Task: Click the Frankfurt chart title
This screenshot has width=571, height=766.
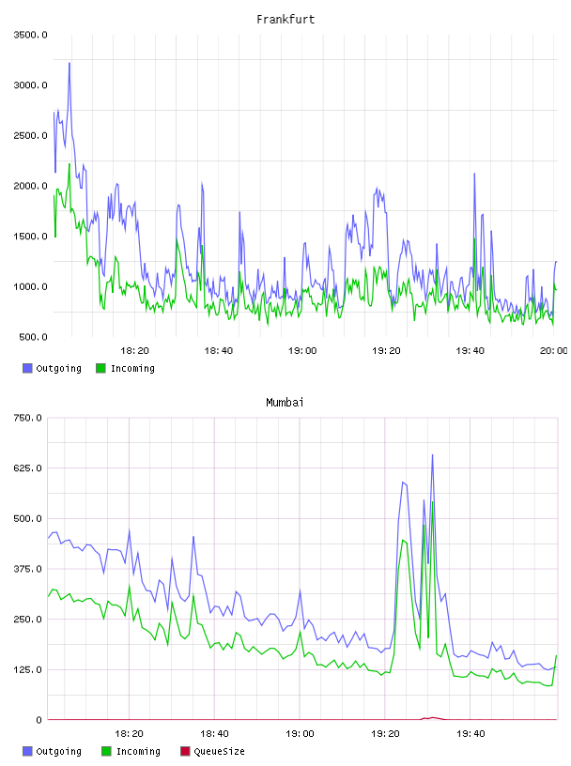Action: coord(285,19)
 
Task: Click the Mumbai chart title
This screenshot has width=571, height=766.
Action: coord(285,402)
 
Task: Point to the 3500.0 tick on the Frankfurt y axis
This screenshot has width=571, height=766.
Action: coord(31,35)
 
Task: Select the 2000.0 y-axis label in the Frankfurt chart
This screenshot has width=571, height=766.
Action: coord(31,186)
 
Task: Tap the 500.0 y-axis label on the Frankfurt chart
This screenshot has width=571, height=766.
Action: coord(33,337)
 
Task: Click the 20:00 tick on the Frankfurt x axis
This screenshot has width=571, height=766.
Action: coord(554,350)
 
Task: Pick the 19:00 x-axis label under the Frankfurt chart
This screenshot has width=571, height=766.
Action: coord(302,350)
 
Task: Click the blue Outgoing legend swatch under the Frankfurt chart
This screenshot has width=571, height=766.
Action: coord(27,368)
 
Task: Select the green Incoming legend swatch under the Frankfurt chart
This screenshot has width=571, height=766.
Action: coord(100,368)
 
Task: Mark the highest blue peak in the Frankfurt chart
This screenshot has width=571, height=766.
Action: coord(69,63)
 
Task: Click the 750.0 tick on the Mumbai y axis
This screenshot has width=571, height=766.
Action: coord(28,418)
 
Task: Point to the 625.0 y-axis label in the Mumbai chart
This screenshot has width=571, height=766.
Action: coord(28,468)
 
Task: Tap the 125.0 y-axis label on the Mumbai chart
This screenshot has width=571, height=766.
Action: coord(28,669)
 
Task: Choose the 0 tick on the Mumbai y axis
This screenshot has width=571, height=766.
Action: coord(39,720)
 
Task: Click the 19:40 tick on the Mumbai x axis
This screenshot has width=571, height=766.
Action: coord(471,733)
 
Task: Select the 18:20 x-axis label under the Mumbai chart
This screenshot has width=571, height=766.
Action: coord(129,733)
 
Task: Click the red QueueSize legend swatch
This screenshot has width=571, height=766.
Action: coord(185,751)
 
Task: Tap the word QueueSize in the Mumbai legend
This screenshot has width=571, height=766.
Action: coord(220,751)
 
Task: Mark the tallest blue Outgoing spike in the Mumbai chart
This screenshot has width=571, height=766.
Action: coord(432,455)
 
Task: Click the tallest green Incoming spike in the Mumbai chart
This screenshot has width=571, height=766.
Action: coord(433,502)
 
